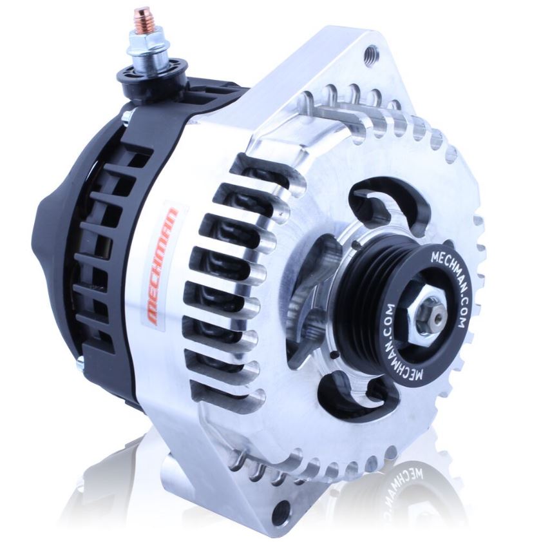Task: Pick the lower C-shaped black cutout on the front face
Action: coord(351,389)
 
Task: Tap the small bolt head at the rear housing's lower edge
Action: coord(80,364)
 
